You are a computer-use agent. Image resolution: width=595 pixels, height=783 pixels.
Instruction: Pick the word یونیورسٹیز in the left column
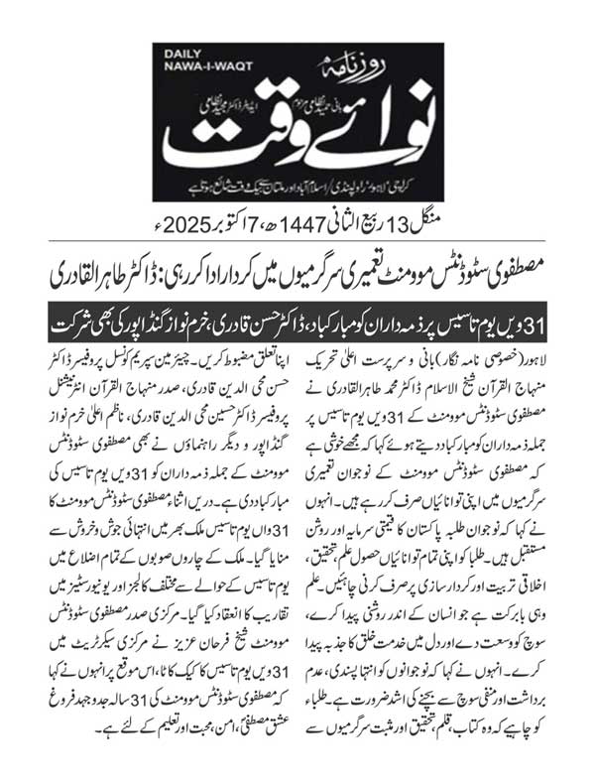click(x=106, y=583)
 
